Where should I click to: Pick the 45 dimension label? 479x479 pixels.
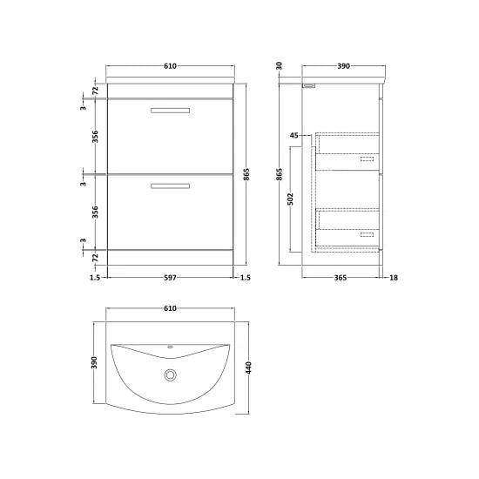pos(293,136)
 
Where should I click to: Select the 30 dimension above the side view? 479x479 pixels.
pos(279,67)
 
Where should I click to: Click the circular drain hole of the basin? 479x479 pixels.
pos(169,375)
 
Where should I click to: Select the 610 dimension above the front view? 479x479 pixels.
pos(169,66)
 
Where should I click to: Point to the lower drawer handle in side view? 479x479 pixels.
pos(366,234)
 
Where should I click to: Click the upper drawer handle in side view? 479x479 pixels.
pos(366,159)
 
